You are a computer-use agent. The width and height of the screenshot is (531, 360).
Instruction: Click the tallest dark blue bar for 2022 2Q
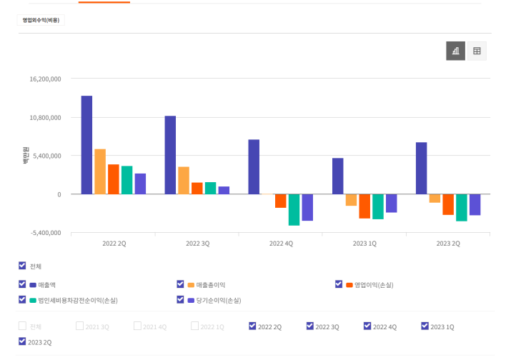86,144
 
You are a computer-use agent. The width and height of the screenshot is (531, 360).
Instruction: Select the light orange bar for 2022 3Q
184,180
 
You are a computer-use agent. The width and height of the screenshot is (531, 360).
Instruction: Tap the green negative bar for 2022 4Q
294,209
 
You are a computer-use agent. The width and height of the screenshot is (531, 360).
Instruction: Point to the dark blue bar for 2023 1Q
337,176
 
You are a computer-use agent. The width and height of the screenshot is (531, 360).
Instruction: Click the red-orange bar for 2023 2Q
448,204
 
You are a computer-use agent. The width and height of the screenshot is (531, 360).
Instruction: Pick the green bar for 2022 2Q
126,180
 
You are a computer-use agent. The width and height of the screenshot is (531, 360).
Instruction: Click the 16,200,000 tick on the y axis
45,79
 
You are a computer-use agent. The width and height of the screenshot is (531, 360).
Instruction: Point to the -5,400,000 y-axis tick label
45,233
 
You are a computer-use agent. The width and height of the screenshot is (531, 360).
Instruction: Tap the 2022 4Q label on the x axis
281,244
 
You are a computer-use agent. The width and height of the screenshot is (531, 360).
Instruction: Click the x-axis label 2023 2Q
448,244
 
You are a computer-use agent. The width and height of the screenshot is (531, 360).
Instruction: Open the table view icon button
477,51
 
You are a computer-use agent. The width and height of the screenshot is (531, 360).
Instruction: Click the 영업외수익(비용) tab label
41,20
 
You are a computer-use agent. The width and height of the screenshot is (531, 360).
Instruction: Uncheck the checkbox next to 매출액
22,284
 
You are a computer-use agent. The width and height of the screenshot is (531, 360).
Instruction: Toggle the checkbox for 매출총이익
181,284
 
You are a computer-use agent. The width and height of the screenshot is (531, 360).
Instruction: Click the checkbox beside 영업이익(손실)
339,284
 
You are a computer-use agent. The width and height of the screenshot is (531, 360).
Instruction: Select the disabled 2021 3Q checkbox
79,326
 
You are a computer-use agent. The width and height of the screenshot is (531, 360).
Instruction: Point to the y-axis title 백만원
25,156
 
